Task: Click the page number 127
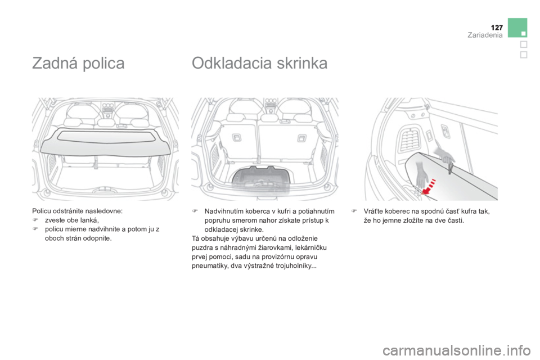click(497, 28)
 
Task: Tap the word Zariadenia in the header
click(485, 35)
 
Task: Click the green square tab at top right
click(517, 28)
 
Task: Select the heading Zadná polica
click(78, 63)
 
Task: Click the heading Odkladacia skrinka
click(260, 63)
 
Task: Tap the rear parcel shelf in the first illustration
click(106, 141)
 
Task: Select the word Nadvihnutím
click(224, 211)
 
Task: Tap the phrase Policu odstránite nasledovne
click(77, 211)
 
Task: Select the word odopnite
click(99, 238)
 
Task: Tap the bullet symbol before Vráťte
click(353, 211)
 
